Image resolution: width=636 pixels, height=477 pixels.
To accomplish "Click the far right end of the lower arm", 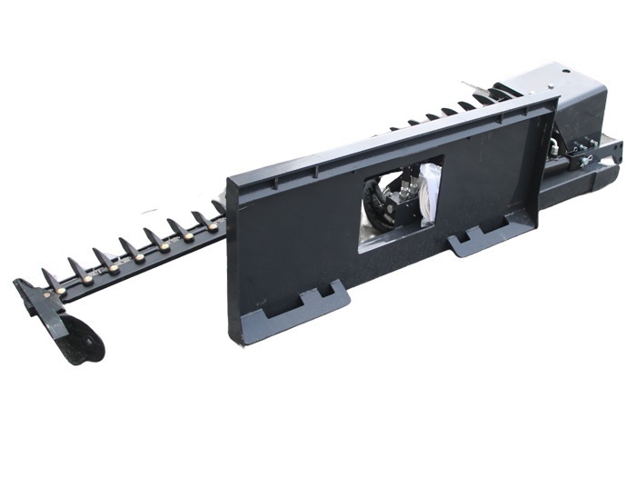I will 618,146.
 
